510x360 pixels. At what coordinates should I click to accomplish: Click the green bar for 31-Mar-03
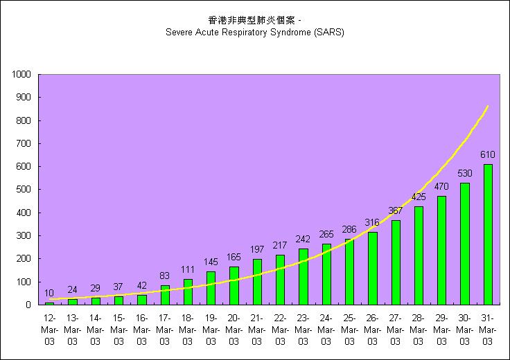click(488, 235)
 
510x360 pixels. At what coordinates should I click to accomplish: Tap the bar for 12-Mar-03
click(49, 303)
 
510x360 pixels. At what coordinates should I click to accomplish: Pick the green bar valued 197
click(257, 282)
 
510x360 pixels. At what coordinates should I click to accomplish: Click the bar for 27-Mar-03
click(396, 262)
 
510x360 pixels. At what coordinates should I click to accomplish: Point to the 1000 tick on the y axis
click(21, 74)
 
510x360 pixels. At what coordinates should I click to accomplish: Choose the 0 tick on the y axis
click(28, 305)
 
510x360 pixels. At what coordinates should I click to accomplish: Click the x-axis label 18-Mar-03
click(188, 330)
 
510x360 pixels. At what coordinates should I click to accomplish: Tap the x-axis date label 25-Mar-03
click(349, 330)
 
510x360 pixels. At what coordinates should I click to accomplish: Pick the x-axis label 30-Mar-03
click(465, 330)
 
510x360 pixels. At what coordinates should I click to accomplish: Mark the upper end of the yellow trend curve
click(488, 106)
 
